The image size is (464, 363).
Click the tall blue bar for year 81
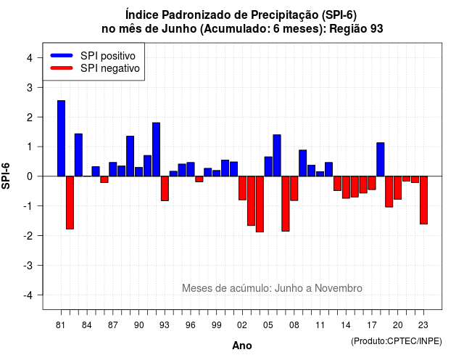[x=61, y=139]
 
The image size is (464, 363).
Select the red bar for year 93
[x=165, y=189]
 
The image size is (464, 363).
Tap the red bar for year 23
[x=423, y=200]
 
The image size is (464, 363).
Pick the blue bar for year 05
[x=268, y=166]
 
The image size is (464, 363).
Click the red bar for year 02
[x=242, y=188]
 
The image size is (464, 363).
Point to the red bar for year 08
[x=294, y=189]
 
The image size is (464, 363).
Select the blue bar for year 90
[x=138, y=172]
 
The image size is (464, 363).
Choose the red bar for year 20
[x=398, y=188]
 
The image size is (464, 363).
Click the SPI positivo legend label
[x=108, y=56]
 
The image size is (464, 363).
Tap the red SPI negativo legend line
[x=62, y=68]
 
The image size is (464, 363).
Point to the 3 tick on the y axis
[x=30, y=87]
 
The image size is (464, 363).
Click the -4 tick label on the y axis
[x=28, y=295]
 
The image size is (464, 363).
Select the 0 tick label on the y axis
[x=30, y=176]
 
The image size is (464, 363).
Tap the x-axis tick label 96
[x=191, y=325]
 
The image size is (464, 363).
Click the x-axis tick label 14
[x=346, y=325]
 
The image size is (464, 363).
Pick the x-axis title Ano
[x=242, y=346]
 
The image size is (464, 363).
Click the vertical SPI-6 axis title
[x=6, y=176]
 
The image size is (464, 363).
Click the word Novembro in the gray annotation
[x=339, y=288]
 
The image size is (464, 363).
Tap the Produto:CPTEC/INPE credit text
[x=397, y=341]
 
